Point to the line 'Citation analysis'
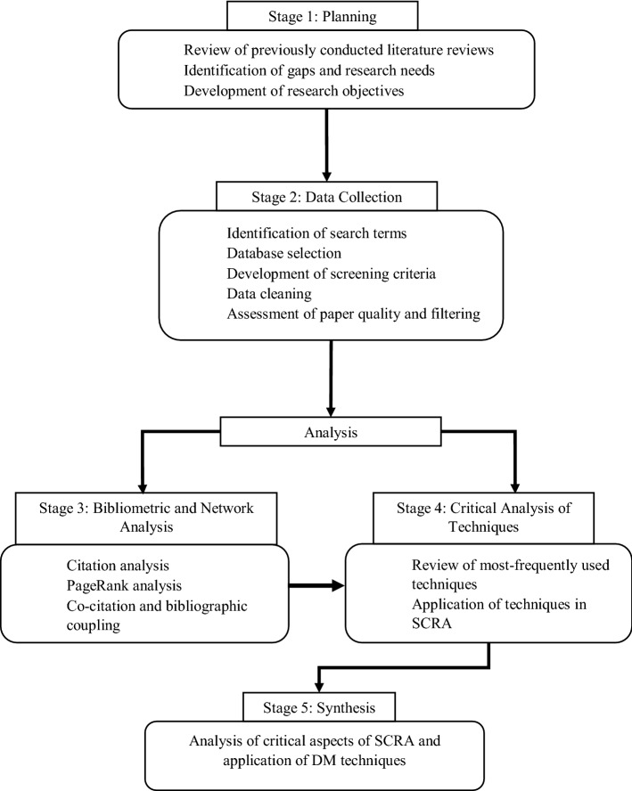pos(117,567)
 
